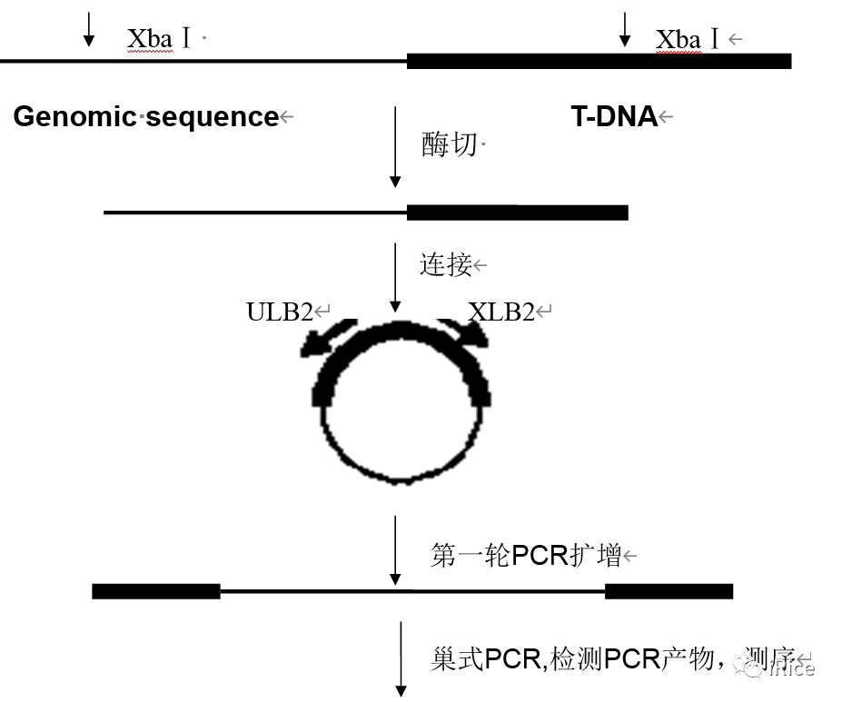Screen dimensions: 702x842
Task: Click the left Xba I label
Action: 159,39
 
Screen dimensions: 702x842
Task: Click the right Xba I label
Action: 688,39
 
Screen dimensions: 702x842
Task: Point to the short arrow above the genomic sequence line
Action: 88,28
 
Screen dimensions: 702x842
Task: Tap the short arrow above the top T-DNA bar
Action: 624,28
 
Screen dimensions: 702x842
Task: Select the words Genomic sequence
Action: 146,117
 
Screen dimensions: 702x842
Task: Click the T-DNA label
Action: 613,117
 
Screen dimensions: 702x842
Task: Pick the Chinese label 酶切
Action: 449,144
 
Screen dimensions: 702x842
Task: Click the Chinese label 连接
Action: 445,265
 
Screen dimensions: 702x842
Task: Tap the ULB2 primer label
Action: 279,312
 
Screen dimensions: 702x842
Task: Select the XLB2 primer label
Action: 501,312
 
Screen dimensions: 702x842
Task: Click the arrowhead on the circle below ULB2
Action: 317,344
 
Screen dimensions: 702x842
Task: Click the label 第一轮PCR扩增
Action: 525,555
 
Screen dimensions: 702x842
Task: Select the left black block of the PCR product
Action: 156,591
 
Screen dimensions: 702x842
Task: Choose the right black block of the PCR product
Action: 669,591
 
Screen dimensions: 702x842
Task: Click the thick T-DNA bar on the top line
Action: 599,61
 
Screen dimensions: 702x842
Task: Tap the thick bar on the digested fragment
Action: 517,213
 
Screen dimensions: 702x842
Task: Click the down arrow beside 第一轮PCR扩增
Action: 395,550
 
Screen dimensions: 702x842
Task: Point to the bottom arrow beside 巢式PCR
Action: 400,659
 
